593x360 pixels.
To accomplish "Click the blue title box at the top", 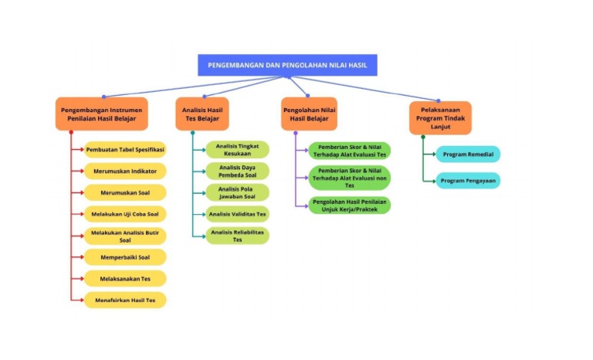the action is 287,65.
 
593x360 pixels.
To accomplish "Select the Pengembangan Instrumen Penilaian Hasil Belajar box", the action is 102,114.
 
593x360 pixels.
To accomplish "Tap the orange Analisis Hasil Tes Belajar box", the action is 202,114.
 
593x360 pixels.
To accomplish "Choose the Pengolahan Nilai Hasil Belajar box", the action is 309,114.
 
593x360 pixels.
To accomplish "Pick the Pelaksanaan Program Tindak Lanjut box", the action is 440,118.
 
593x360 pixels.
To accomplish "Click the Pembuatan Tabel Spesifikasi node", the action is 125,150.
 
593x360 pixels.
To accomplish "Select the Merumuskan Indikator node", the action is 125,171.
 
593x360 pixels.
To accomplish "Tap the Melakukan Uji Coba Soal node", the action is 125,214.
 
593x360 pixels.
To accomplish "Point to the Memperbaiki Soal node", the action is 125,257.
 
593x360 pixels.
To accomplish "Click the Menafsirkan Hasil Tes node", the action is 125,301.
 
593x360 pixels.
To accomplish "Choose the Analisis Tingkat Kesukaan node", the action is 238,150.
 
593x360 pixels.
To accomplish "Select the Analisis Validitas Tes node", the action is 238,214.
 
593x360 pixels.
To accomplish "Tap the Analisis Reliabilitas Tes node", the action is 238,236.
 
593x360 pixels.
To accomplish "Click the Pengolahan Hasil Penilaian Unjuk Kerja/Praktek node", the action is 350,205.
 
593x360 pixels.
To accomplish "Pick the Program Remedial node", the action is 468,155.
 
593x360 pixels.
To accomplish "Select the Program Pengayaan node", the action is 468,181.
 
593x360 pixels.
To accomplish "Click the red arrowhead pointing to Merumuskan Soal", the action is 82,192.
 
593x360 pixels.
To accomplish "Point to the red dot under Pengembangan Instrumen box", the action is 71,133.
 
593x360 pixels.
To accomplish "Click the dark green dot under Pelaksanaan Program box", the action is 423,137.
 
